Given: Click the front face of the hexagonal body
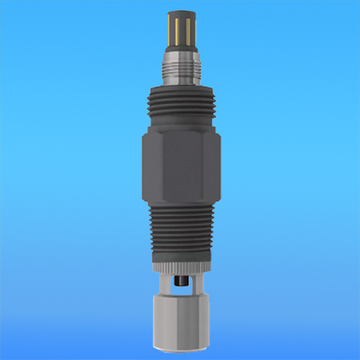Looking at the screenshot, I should (x=179, y=167).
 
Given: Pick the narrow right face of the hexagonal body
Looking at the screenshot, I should (x=213, y=167).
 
